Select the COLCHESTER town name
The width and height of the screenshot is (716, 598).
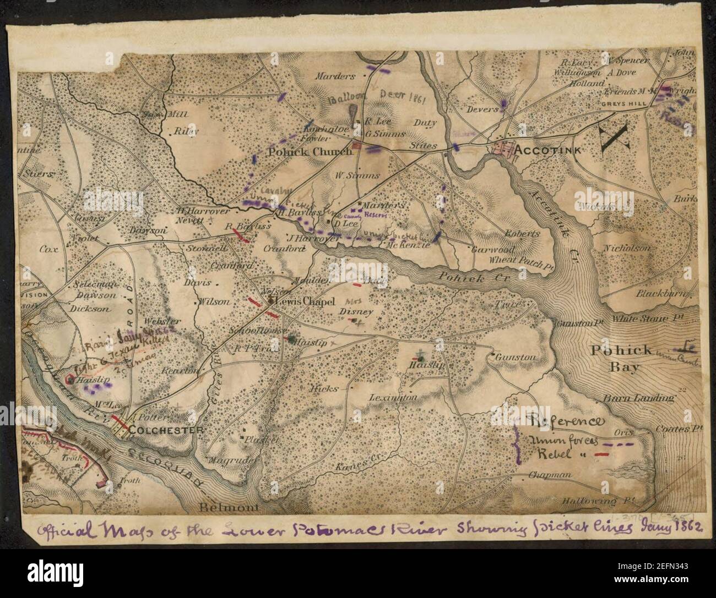[x=163, y=430]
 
